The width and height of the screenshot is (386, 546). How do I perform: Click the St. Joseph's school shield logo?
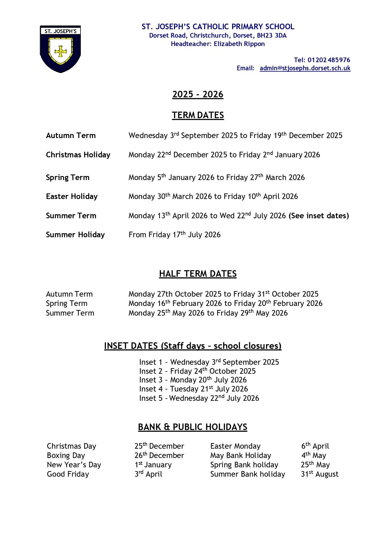pyautogui.click(x=60, y=49)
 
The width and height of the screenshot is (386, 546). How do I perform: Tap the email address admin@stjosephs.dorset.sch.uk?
pyautogui.click(x=305, y=68)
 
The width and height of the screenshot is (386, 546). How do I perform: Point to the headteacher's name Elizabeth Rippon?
pyautogui.click(x=239, y=44)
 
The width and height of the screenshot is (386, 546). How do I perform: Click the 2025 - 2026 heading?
pyautogui.click(x=198, y=94)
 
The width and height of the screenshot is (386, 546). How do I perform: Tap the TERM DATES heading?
pyautogui.click(x=198, y=115)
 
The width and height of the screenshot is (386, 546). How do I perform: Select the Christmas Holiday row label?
pyautogui.click(x=78, y=155)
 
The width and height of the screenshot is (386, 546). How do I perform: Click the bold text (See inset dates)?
pyautogui.click(x=319, y=216)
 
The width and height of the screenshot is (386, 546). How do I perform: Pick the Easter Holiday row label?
pyautogui.click(x=71, y=197)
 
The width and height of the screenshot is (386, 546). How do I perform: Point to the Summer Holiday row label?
pyautogui.click(x=75, y=235)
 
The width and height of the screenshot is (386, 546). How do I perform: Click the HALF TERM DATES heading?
pyautogui.click(x=198, y=274)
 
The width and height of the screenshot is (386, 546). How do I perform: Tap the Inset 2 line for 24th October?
pyautogui.click(x=197, y=371)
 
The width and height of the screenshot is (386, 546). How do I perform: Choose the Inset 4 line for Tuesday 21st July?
pyautogui.click(x=193, y=389)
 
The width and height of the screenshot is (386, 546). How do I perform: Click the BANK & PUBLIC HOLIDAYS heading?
pyautogui.click(x=192, y=427)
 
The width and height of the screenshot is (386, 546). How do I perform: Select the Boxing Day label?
pyautogui.click(x=66, y=456)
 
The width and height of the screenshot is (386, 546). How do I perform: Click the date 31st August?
pyautogui.click(x=319, y=474)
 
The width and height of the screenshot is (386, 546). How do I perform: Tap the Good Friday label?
pyautogui.click(x=68, y=474)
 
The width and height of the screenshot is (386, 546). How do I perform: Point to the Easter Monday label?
pyautogui.click(x=235, y=446)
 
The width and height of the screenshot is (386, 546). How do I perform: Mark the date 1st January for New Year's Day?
pyautogui.click(x=153, y=465)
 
